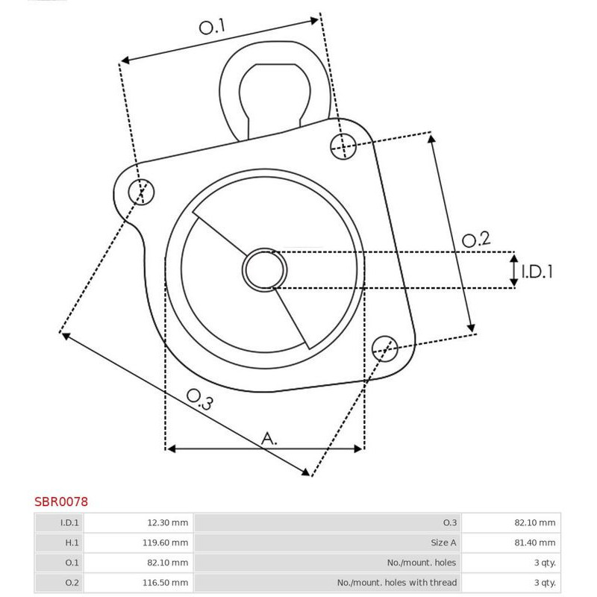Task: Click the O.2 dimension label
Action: (x=475, y=240)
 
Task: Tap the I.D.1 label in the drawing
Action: (x=537, y=272)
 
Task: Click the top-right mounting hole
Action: (x=343, y=146)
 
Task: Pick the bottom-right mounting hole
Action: (x=384, y=347)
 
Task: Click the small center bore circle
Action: (x=265, y=269)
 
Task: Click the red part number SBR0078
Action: (x=61, y=502)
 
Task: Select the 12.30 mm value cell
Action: (x=166, y=522)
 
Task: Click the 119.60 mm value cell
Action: (x=166, y=543)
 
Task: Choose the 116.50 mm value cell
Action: (x=166, y=582)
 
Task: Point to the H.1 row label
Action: (x=72, y=543)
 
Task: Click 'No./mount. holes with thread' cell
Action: (x=397, y=582)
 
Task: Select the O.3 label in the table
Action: (x=449, y=522)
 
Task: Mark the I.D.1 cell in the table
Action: (x=70, y=522)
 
